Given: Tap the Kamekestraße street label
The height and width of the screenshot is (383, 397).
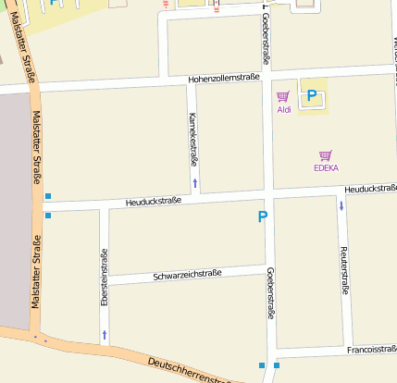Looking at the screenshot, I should point(192,139).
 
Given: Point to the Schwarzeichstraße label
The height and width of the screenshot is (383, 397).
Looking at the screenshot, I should point(187,275).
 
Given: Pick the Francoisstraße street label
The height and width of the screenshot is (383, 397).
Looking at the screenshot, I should point(372,350).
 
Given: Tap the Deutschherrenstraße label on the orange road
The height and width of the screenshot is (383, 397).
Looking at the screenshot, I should point(190,368).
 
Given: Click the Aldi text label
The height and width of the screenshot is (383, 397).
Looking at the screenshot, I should point(283,109).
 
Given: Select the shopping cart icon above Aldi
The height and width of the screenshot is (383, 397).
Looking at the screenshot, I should point(283,96).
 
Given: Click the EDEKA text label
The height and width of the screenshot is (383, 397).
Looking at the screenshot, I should point(326,168).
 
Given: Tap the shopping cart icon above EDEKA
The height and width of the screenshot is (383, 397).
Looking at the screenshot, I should point(325,155).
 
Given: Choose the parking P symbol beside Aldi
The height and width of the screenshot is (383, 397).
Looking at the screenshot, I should point(312,95).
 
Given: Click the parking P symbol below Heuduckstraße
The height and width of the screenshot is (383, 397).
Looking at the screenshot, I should point(263,216).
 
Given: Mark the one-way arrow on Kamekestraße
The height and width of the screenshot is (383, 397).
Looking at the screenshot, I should point(194,182).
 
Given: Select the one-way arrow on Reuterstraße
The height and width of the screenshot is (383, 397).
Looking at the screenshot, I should point(341,205).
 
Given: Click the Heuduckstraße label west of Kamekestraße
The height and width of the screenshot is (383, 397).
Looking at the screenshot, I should point(150,202).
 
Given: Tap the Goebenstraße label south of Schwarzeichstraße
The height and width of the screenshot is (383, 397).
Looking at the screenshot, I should point(270,293).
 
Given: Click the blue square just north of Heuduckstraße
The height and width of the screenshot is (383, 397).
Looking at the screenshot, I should point(48,196).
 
